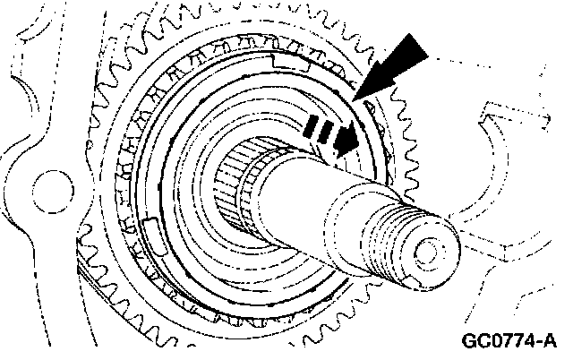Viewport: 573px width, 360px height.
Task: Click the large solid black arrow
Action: (x=389, y=67)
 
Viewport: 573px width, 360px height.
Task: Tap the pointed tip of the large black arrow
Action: (x=358, y=96)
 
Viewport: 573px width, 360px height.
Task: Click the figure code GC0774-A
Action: (x=510, y=341)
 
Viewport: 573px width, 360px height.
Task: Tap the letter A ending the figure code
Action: (x=551, y=341)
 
